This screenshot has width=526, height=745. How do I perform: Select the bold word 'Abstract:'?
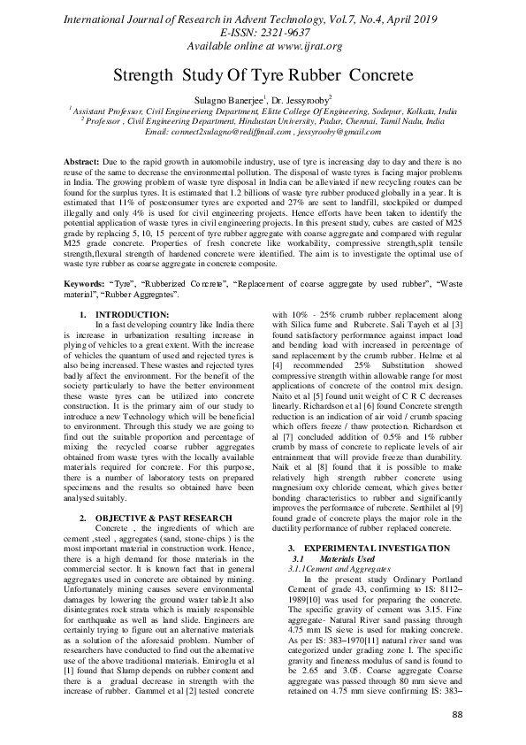coord(85,164)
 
